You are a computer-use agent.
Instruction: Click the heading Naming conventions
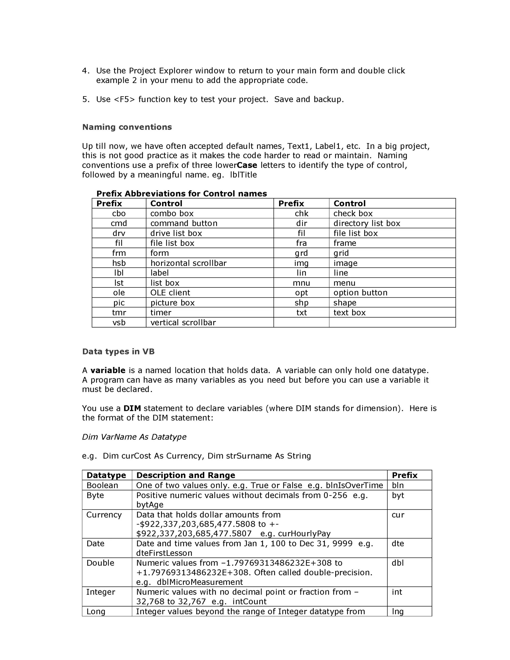[127, 127]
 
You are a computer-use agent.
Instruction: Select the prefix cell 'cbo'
[119, 213]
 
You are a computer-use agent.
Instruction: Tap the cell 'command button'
[184, 223]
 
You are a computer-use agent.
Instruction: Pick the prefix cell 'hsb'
[119, 263]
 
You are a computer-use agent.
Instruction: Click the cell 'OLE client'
[170, 293]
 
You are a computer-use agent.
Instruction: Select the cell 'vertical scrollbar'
[183, 323]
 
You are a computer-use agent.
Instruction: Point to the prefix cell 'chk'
[301, 213]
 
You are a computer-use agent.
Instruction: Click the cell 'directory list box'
[367, 223]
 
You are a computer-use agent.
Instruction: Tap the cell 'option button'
[360, 293]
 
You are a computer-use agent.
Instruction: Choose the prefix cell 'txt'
[301, 313]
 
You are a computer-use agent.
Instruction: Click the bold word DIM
[132, 408]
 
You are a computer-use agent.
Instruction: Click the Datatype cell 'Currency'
[104, 515]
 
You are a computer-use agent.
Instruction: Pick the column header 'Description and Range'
[186, 475]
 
